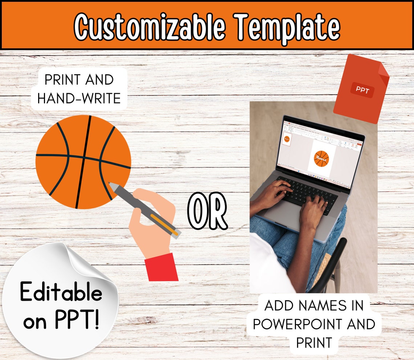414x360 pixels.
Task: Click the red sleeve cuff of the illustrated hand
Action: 162,268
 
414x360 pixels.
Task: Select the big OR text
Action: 207,212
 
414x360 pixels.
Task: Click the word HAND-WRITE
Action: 79,98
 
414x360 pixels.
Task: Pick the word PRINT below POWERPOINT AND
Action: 314,343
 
